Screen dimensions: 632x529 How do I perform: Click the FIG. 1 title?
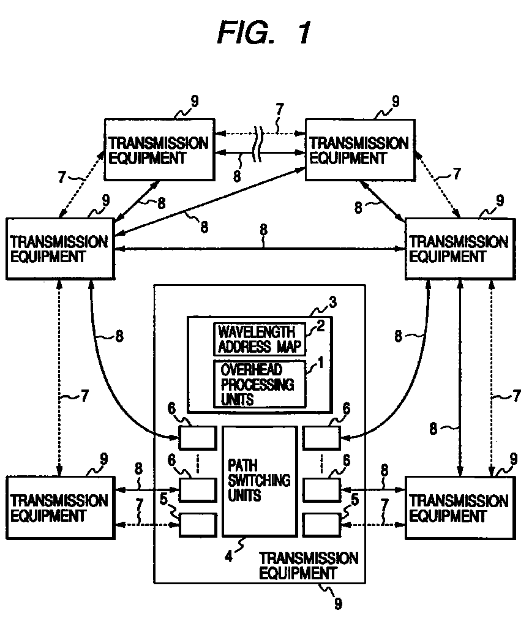(264, 33)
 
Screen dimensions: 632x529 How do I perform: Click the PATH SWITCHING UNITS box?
(259, 481)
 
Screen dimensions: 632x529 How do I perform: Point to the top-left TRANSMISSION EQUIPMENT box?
(159, 150)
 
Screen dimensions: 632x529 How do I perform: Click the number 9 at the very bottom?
(338, 604)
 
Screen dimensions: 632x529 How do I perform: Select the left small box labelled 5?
(198, 525)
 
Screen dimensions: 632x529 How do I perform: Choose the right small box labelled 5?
(321, 525)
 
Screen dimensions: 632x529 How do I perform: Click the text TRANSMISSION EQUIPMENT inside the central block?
(308, 565)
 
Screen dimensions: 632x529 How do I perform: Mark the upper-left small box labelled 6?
(198, 438)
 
